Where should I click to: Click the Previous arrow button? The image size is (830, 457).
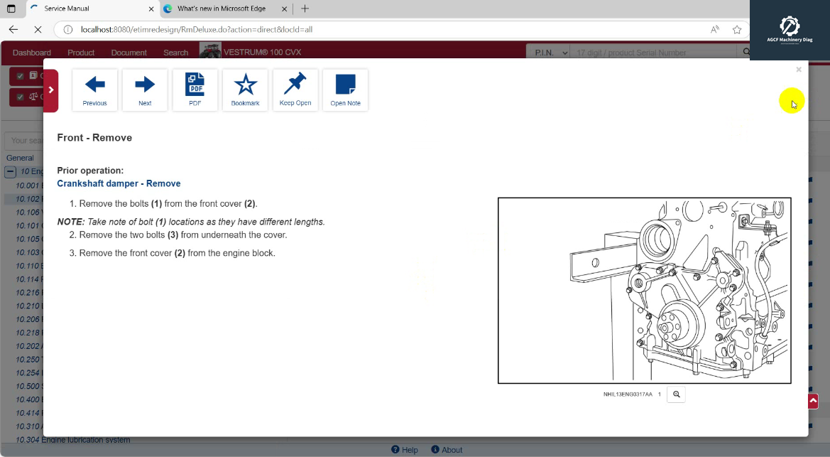pos(94,90)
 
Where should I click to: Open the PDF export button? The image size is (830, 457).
pos(195,90)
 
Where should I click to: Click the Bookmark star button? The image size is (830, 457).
pos(245,90)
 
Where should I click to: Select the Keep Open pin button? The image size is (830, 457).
pos(295,90)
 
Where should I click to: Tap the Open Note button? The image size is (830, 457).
pos(345,90)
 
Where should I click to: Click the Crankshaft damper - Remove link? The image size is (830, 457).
pos(119,183)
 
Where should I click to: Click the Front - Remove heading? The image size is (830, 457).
pos(94,138)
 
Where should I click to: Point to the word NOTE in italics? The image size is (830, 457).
pos(70,222)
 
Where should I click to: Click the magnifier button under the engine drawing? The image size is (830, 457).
pos(676,394)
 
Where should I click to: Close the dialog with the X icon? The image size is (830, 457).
pos(799,70)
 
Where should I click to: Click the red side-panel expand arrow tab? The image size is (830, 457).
pos(50,90)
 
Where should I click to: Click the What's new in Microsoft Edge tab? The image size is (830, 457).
pos(221,9)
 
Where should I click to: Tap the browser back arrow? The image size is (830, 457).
pos(13,30)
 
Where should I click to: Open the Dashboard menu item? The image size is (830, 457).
pos(32,53)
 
